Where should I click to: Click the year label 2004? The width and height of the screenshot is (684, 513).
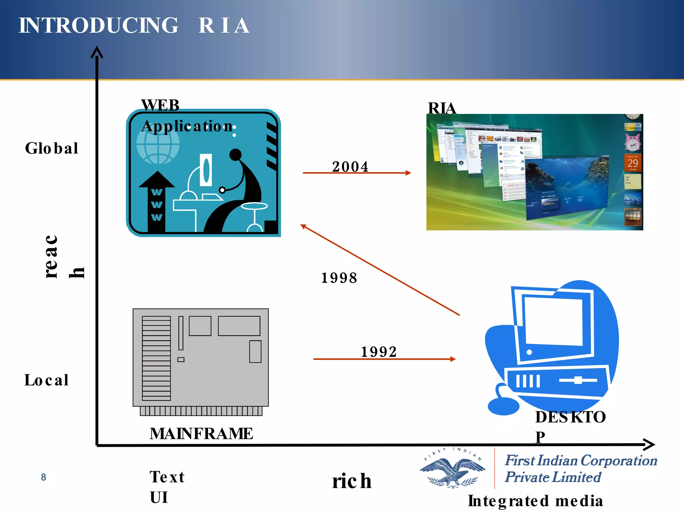click(x=350, y=166)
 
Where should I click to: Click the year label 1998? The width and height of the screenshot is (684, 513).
click(x=339, y=278)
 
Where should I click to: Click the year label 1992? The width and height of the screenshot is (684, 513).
click(x=379, y=351)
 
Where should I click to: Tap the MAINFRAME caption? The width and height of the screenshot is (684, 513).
click(x=201, y=434)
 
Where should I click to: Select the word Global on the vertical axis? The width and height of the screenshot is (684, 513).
click(x=52, y=148)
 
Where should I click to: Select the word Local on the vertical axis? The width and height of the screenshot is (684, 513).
click(x=46, y=380)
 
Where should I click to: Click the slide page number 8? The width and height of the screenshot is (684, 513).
click(x=43, y=477)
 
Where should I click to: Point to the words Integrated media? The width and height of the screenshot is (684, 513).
click(x=535, y=501)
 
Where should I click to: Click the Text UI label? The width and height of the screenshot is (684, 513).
click(x=166, y=487)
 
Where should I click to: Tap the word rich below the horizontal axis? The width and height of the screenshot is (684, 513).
click(x=352, y=481)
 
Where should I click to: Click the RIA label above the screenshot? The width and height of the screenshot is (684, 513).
click(x=442, y=108)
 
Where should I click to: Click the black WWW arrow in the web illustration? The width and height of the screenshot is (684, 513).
click(x=157, y=200)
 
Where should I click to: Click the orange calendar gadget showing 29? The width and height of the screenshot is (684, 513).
click(x=633, y=163)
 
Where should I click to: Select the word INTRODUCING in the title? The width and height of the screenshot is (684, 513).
click(x=99, y=25)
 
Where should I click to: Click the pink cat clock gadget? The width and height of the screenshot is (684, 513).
click(x=633, y=142)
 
